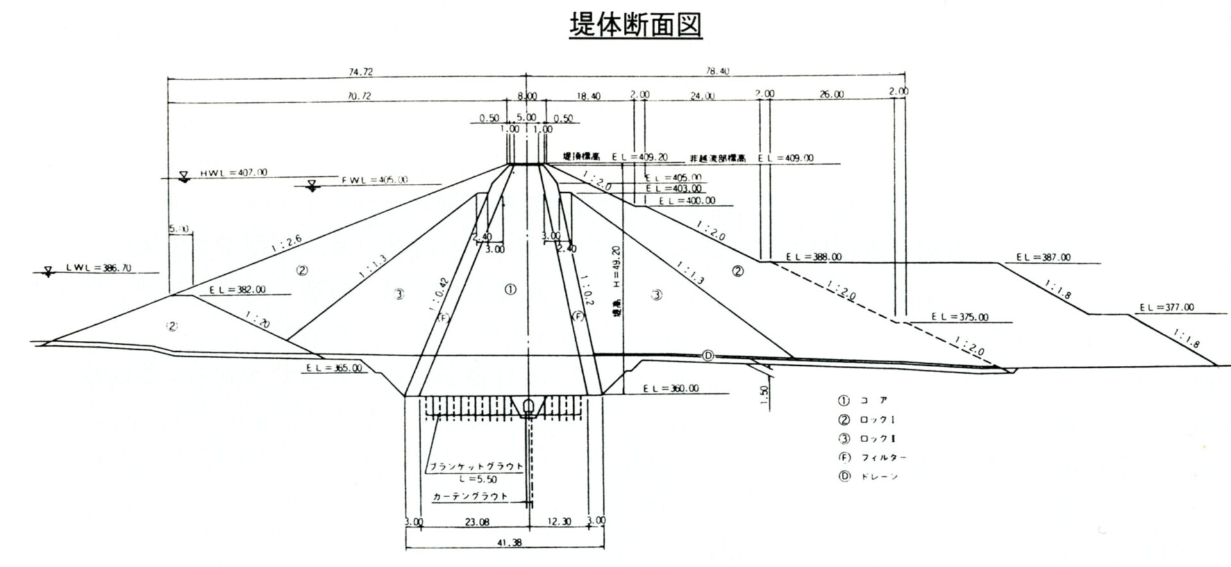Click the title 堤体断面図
coord(635,26)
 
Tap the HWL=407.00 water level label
coord(233,172)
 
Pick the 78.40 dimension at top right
coord(716,72)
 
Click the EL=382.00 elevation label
coord(237,290)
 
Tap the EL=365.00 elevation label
coord(333,368)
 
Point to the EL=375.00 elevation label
coord(960,317)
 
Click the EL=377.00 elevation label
coord(1166,308)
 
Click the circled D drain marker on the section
coord(708,356)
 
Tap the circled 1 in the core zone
coord(510,290)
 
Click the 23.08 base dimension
coord(476,522)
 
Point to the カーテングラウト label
coord(470,497)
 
